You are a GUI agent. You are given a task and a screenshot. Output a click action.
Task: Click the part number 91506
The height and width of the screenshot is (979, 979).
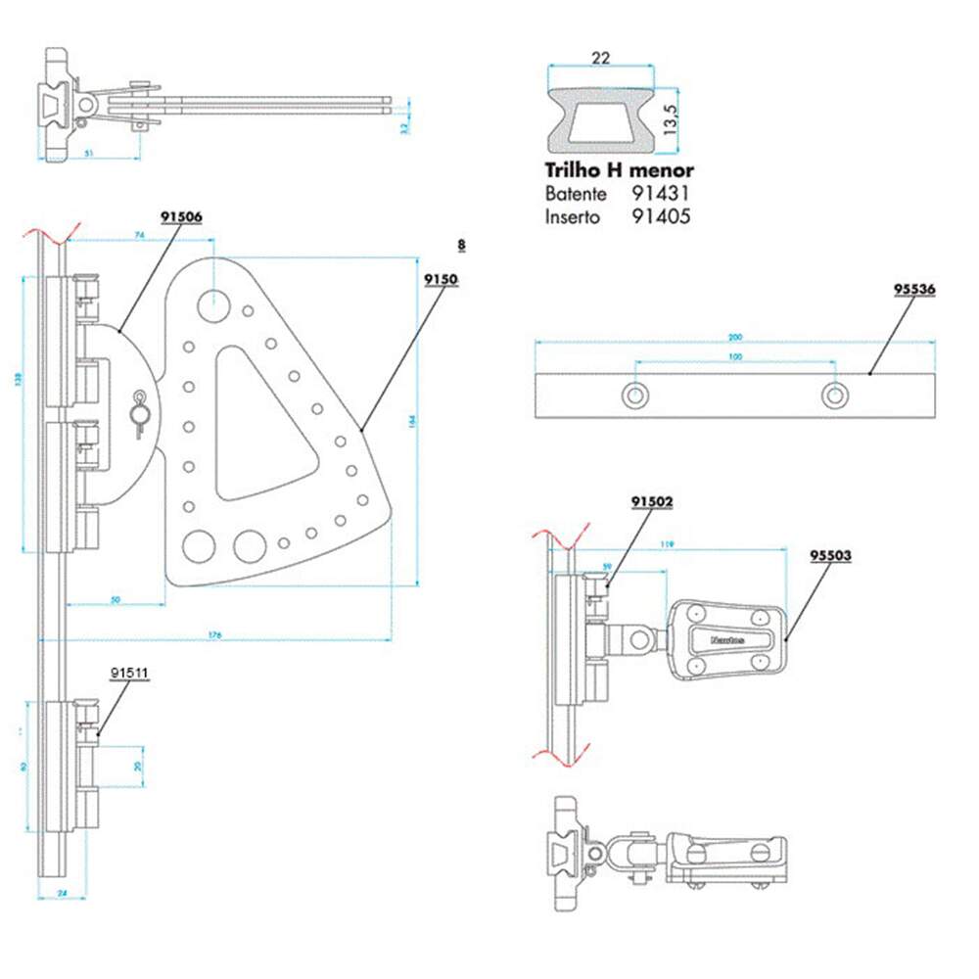[x=182, y=217]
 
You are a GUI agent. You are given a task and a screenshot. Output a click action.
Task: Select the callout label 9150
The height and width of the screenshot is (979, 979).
[x=441, y=279]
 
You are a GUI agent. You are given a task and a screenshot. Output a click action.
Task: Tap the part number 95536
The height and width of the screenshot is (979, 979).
[x=914, y=290]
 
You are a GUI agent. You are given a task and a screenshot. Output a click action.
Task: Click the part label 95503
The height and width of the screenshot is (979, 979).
[x=830, y=555]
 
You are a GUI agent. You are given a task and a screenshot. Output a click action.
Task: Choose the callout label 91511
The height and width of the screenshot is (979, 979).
[x=128, y=673]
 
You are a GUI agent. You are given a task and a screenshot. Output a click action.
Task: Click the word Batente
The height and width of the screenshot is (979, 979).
[x=576, y=195]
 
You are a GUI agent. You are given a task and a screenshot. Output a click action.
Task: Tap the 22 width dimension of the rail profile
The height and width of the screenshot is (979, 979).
[x=601, y=59]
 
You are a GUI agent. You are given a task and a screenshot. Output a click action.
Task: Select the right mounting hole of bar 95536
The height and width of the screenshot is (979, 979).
[x=833, y=395]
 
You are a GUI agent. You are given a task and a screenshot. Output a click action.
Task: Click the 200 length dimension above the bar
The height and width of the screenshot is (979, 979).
[x=734, y=338]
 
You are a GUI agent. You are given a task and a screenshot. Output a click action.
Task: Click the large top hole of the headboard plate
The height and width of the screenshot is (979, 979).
[x=212, y=304]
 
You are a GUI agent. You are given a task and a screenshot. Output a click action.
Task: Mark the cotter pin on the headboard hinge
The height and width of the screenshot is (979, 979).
[x=140, y=408]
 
